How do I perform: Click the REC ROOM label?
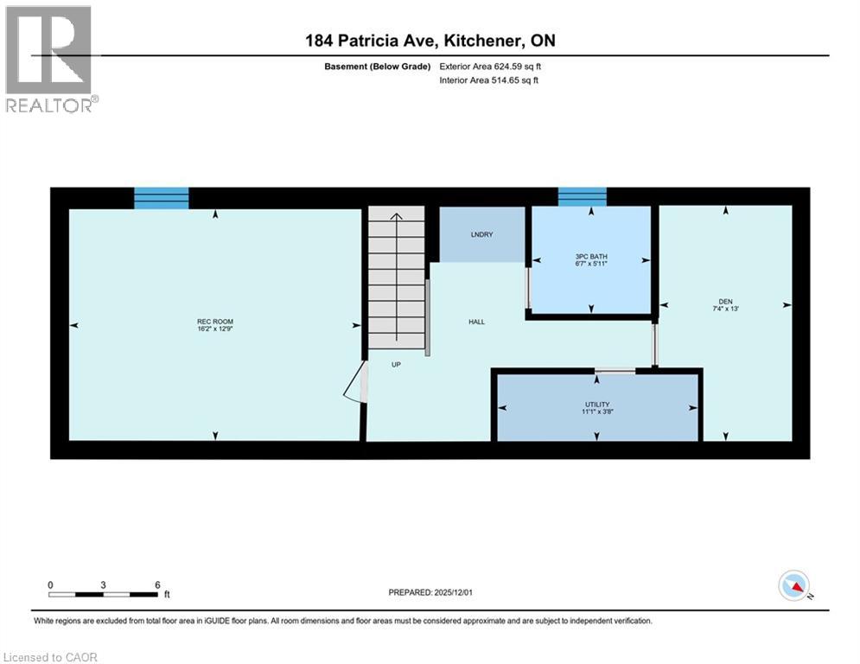tap(215, 322)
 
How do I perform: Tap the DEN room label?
tap(725, 302)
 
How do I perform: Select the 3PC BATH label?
tap(590, 256)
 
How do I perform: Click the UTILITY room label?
tap(596, 404)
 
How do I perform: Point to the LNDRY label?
tap(481, 234)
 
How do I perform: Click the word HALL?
tap(476, 322)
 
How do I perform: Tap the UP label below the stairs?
tap(396, 365)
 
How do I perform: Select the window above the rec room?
tap(162, 198)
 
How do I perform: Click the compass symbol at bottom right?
tap(793, 587)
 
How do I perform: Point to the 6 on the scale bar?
tap(156, 584)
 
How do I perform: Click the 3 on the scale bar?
tap(103, 584)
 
